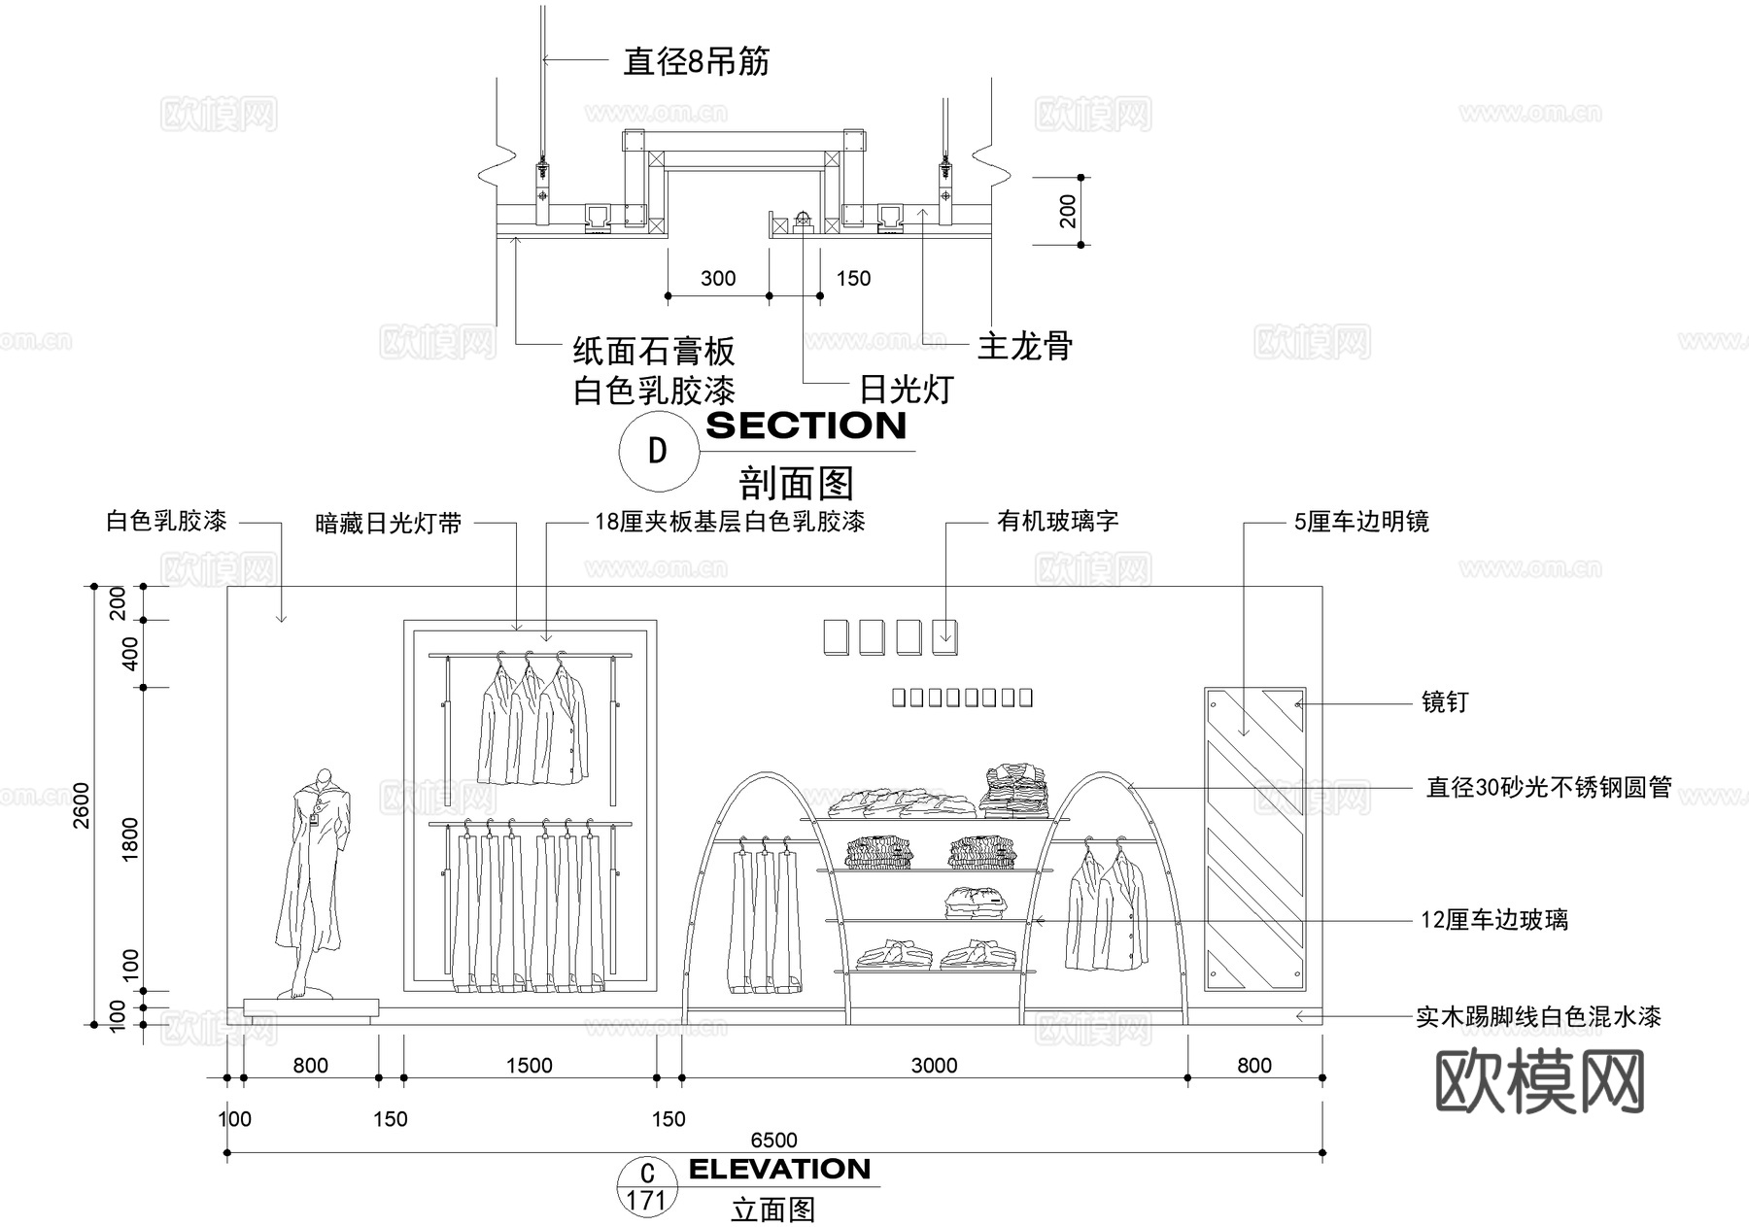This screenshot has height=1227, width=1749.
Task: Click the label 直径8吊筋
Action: (696, 62)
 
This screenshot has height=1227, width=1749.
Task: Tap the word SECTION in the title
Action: (806, 426)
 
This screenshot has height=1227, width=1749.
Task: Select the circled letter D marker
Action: (658, 451)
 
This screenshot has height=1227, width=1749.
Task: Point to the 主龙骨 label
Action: (1024, 346)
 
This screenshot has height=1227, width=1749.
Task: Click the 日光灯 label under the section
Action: (906, 390)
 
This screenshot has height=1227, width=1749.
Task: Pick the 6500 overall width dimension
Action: (773, 1140)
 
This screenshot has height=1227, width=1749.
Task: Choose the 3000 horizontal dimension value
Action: (934, 1066)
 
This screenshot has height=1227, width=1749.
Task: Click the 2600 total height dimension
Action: (82, 805)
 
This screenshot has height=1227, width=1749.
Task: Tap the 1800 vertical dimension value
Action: (131, 838)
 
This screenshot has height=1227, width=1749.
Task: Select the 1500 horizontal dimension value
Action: (529, 1066)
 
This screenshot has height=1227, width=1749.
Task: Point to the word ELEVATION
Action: (779, 1169)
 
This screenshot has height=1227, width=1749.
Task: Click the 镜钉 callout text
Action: (1444, 701)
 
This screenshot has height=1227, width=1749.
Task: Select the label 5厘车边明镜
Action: (1360, 522)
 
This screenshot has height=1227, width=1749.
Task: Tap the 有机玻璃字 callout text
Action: (1057, 522)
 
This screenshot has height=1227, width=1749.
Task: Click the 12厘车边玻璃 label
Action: (1493, 919)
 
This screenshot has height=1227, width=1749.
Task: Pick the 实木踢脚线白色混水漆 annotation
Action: (1537, 1016)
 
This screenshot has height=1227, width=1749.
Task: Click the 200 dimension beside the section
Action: (1068, 211)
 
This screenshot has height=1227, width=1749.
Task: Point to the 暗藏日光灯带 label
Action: (389, 525)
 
